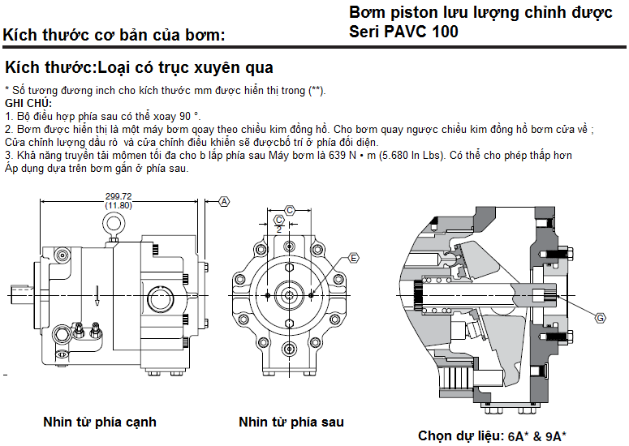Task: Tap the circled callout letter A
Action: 225,200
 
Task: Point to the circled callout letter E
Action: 353,258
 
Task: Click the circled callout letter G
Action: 600,318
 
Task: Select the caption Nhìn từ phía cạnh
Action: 100,422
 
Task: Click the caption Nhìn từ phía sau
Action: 291,422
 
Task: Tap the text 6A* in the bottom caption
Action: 516,435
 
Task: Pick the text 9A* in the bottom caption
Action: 556,435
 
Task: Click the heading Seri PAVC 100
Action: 403,32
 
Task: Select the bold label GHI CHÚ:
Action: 28,103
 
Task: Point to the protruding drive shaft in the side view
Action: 20,290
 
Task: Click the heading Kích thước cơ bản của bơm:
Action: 114,35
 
